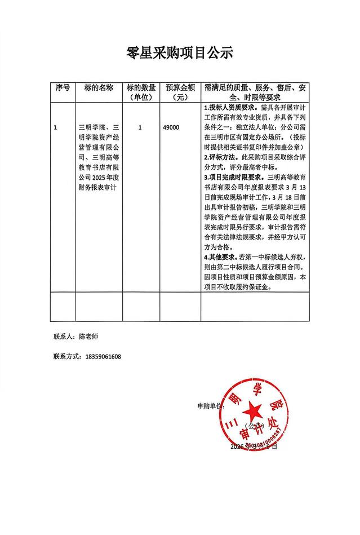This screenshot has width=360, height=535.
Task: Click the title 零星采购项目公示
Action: pos(180,53)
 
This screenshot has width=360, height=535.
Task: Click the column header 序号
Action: pos(63,88)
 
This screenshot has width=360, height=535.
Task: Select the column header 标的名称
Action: pos(99,88)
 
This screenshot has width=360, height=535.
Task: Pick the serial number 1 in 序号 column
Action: pos(55,128)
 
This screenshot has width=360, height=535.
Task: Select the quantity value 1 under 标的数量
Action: pos(140,128)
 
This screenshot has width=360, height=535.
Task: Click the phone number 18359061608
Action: pos(102,357)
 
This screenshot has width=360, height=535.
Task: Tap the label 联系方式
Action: pos(66,357)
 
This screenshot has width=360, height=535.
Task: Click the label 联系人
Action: pos(64,336)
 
